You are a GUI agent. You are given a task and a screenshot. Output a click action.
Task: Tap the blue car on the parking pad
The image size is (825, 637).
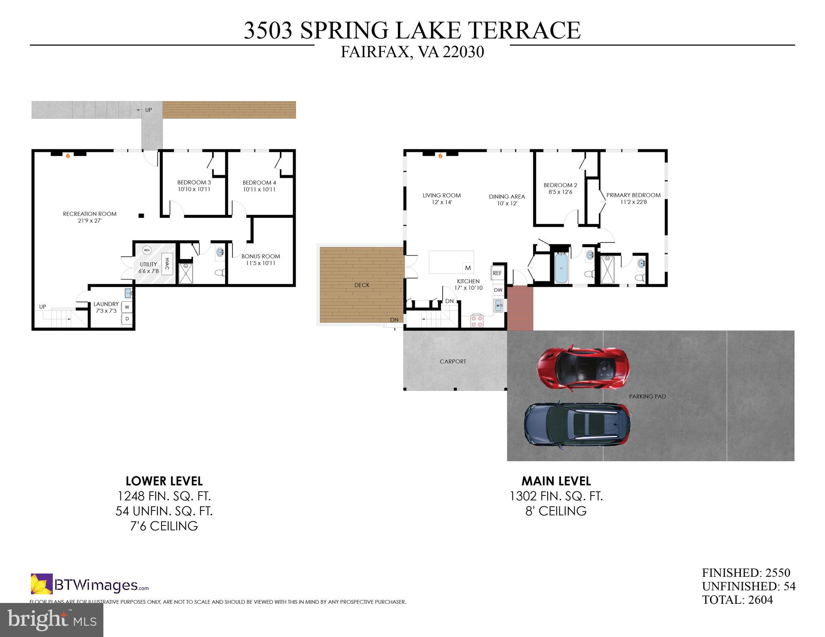point(577,424)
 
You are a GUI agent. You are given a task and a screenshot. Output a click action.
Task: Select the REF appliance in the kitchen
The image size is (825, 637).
point(497,273)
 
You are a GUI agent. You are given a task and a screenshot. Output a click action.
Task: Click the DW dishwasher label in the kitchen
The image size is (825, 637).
point(498,290)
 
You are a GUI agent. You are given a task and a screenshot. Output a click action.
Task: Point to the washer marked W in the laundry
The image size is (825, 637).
point(127,307)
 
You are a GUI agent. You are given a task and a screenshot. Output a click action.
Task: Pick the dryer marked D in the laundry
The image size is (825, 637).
point(127,319)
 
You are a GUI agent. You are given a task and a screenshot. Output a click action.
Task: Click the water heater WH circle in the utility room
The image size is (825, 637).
point(147,250)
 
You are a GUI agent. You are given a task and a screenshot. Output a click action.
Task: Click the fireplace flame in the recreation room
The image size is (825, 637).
point(68,156)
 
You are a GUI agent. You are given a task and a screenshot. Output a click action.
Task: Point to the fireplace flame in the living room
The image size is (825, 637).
point(440,156)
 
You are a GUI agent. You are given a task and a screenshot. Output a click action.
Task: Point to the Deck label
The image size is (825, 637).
point(362,285)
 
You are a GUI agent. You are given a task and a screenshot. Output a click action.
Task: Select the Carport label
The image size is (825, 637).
point(453,361)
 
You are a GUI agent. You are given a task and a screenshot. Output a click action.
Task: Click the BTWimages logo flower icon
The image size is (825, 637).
point(42,584)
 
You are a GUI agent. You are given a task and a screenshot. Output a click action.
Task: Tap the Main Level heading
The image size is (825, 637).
point(556,481)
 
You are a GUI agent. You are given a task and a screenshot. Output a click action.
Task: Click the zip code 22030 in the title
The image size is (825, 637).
point(463,52)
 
